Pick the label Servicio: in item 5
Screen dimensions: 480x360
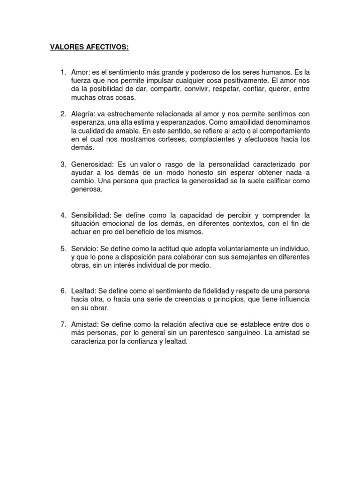pos(84,248)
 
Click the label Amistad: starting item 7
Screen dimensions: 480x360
pos(85,325)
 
